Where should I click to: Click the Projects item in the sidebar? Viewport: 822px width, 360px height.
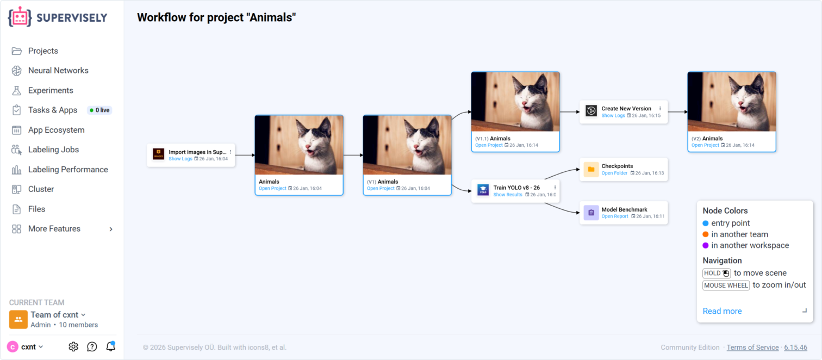click(43, 51)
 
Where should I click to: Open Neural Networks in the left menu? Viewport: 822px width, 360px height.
click(58, 70)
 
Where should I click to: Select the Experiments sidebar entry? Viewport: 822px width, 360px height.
click(51, 90)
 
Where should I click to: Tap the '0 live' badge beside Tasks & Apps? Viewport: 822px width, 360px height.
click(99, 110)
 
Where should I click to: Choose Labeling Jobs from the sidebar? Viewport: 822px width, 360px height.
click(53, 150)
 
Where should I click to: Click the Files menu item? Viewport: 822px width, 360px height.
click(36, 209)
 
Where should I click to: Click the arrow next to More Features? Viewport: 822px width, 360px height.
click(111, 229)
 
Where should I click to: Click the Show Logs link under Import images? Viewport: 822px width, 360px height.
click(180, 159)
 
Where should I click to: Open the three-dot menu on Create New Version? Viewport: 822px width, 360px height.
click(660, 108)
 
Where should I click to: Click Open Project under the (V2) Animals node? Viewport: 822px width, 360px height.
click(705, 145)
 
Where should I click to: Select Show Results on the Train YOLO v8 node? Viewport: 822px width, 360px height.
click(507, 195)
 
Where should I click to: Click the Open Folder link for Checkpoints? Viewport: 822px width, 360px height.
click(614, 173)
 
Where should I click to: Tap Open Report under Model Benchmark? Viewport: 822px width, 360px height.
click(614, 216)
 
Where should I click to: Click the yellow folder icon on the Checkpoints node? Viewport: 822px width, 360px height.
click(591, 169)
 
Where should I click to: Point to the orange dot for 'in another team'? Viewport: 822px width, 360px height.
click(706, 234)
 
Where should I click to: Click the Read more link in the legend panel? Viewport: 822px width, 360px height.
click(722, 311)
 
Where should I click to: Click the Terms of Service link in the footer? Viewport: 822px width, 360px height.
click(752, 347)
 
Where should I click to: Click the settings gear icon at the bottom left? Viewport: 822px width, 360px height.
click(73, 346)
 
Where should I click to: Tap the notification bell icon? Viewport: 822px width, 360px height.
click(110, 346)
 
